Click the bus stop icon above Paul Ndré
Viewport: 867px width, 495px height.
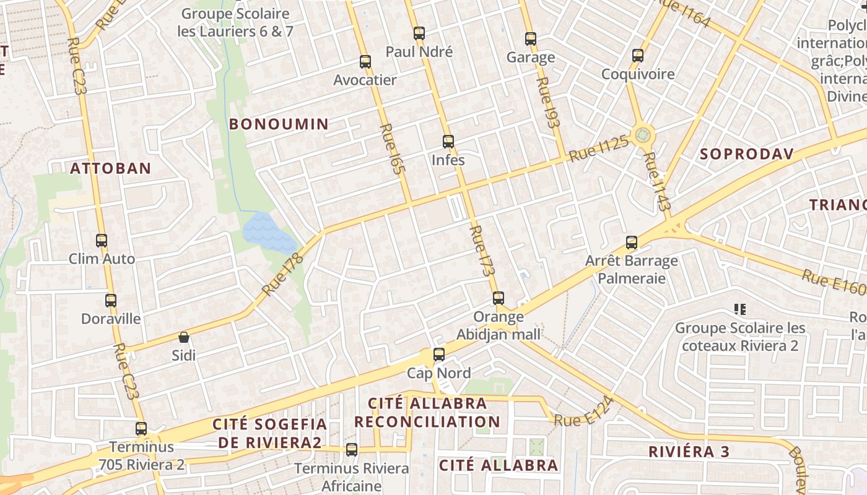pyautogui.click(x=419, y=33)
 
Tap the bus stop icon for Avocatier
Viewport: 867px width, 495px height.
pyautogui.click(x=365, y=62)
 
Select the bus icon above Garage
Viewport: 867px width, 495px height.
pyautogui.click(x=531, y=39)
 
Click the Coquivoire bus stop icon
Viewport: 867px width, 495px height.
pyautogui.click(x=638, y=56)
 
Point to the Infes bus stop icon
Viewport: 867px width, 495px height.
pyautogui.click(x=448, y=142)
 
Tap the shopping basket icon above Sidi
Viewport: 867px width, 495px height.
pyautogui.click(x=184, y=337)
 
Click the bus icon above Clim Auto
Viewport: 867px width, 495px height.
pyautogui.click(x=102, y=241)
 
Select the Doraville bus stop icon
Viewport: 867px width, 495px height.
pyautogui.click(x=111, y=301)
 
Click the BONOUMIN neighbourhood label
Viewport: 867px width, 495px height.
pyautogui.click(x=279, y=124)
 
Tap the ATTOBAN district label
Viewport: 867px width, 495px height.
pyautogui.click(x=110, y=168)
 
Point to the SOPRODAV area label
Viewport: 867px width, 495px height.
pyautogui.click(x=746, y=154)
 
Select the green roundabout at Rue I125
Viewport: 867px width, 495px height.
pyautogui.click(x=643, y=134)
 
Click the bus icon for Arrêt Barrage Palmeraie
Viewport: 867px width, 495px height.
pyautogui.click(x=632, y=243)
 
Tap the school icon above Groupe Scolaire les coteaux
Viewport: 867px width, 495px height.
pyautogui.click(x=739, y=309)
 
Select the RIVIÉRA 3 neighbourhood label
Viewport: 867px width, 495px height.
pyautogui.click(x=689, y=452)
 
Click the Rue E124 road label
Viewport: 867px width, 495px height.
pyautogui.click(x=584, y=412)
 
